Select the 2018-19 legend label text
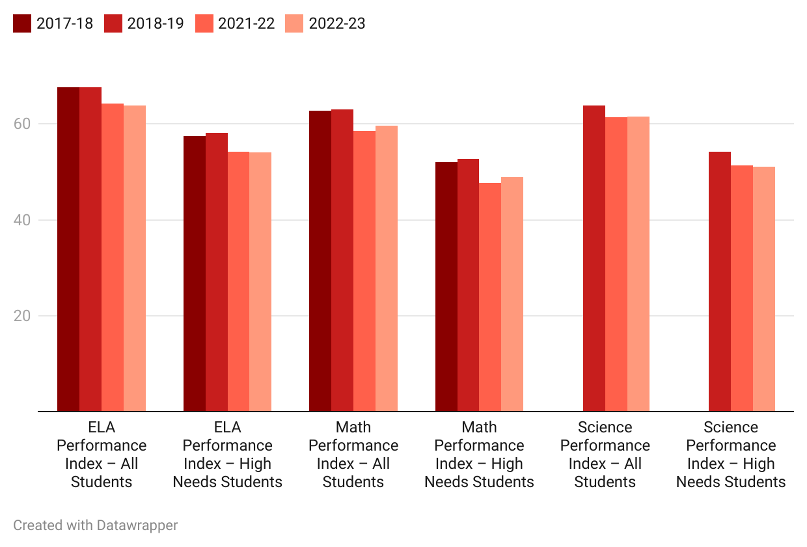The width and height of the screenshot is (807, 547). coord(156,23)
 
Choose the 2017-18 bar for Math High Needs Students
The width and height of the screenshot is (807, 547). coord(446,287)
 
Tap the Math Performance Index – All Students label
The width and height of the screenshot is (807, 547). coord(353,455)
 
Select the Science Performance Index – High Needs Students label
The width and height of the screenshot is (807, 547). coord(731,455)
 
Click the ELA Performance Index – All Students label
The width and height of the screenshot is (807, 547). coord(102,455)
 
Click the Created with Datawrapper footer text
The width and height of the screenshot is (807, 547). coord(96,525)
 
